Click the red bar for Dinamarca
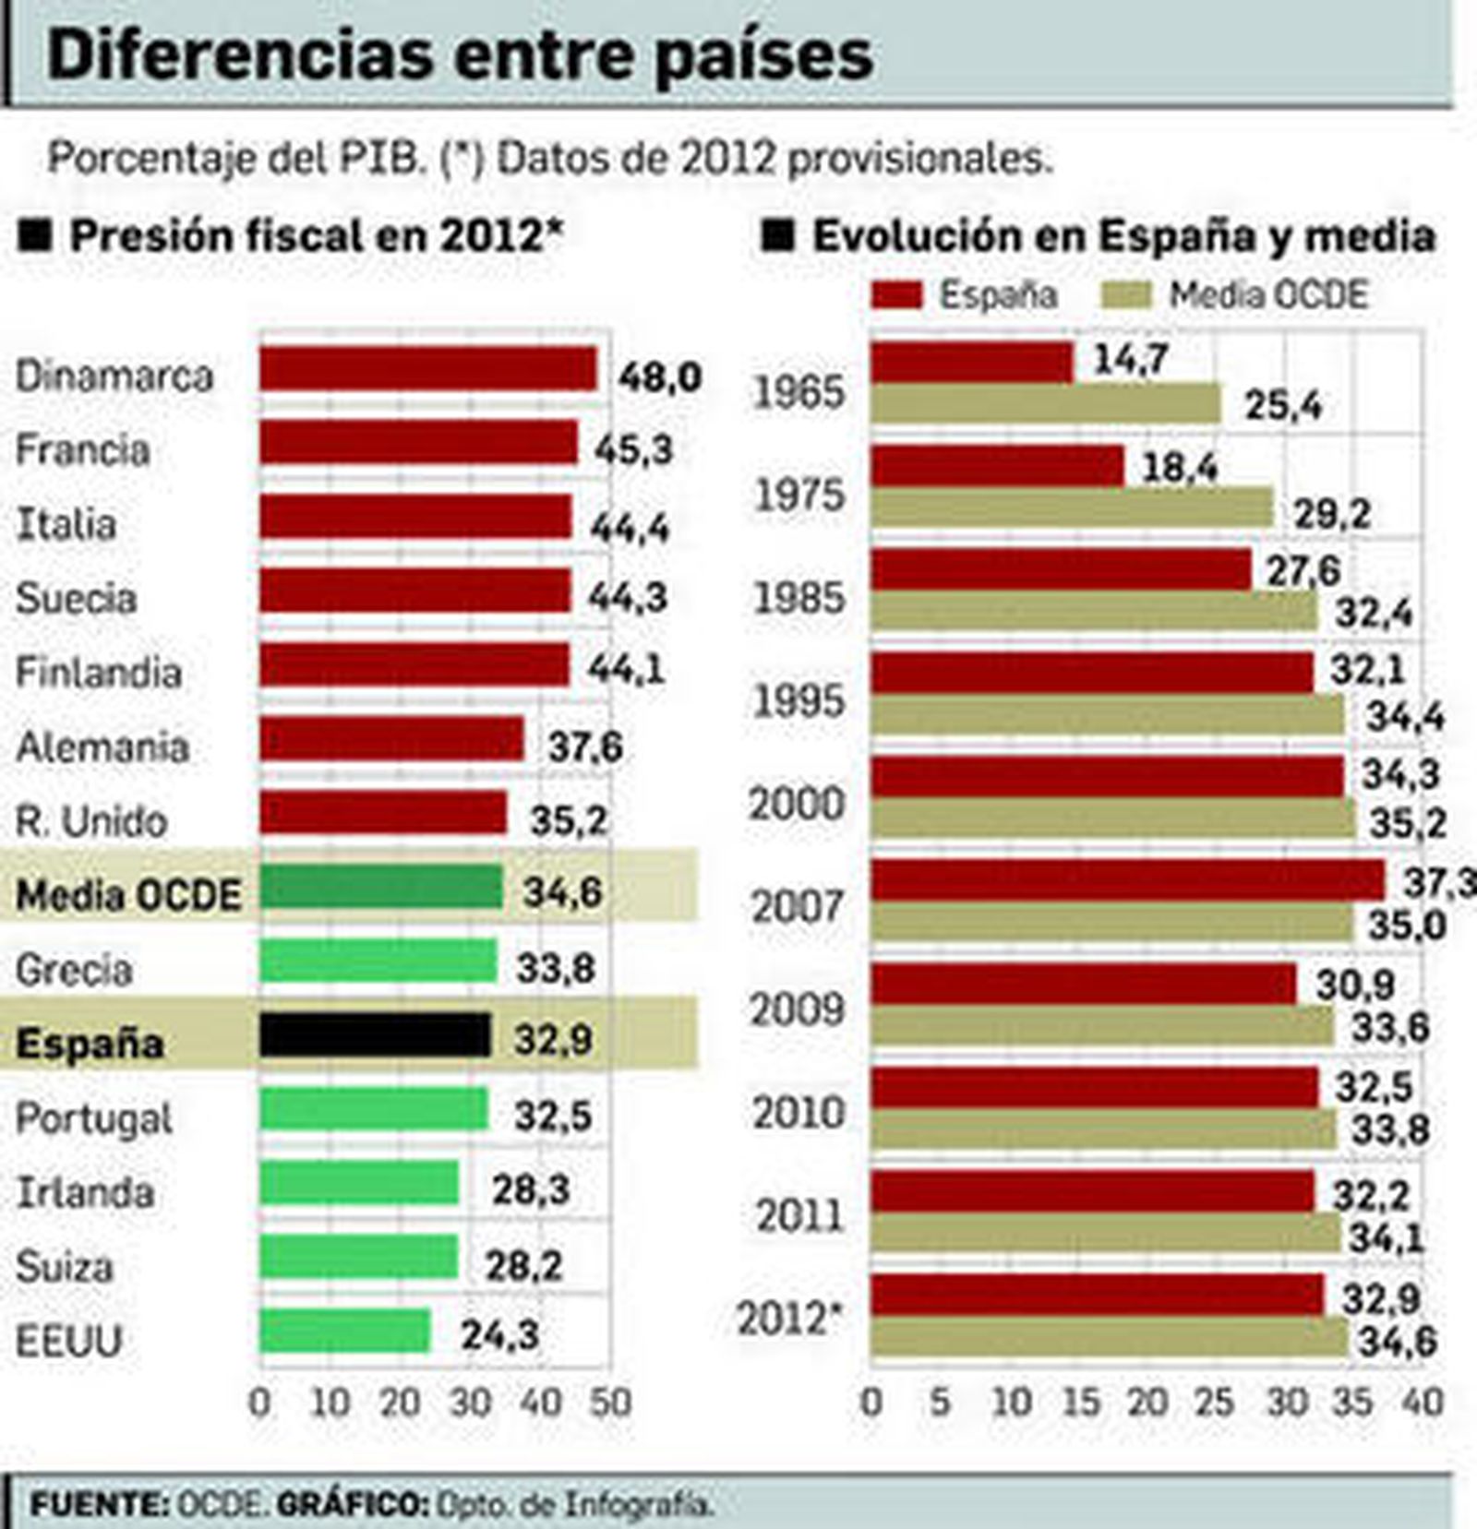click(x=427, y=369)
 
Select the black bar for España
click(x=375, y=1035)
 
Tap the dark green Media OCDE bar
click(x=380, y=888)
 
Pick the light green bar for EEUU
click(x=344, y=1332)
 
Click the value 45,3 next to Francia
click(x=633, y=449)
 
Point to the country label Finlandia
click(x=99, y=672)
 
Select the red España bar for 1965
click(x=972, y=363)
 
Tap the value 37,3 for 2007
click(x=1438, y=883)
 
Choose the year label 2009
click(x=798, y=1009)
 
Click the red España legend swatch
click(x=896, y=295)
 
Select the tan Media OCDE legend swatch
click(x=1126, y=295)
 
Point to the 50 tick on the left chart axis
click(x=609, y=1403)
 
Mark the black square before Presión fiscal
click(x=38, y=236)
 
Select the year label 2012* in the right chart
click(x=791, y=1319)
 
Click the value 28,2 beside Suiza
click(x=523, y=1266)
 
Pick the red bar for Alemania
click(x=391, y=740)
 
